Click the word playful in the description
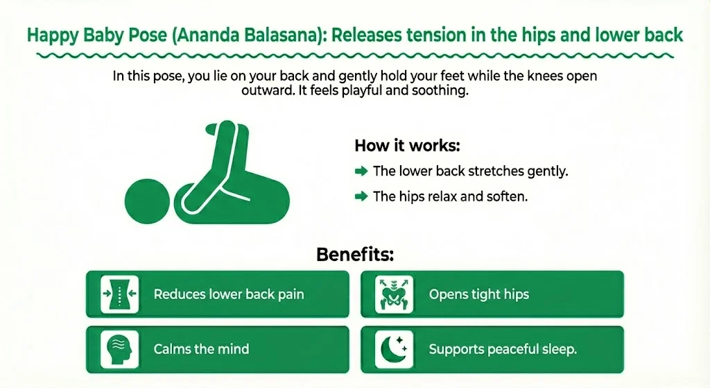pyautogui.click(x=385, y=92)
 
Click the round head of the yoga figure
pyautogui.click(x=146, y=199)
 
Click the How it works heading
pyautogui.click(x=408, y=146)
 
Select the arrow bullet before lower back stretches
pyautogui.click(x=361, y=171)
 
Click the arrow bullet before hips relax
pyautogui.click(x=361, y=196)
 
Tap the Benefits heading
pyautogui.click(x=355, y=254)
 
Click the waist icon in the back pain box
pyautogui.click(x=119, y=294)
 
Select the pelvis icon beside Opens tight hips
pyautogui.click(x=394, y=294)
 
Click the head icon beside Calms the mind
pyautogui.click(x=119, y=348)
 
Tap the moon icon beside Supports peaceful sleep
pyautogui.click(x=394, y=348)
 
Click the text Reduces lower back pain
pyautogui.click(x=229, y=294)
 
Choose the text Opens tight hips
pyautogui.click(x=478, y=294)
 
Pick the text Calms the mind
pyautogui.click(x=201, y=349)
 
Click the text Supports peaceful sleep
pyautogui.click(x=503, y=349)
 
